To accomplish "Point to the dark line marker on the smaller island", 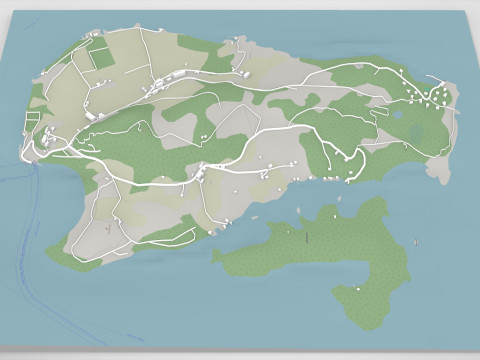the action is (x=307, y=236).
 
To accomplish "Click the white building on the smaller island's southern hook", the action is (x=357, y=289).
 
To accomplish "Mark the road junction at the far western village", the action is (x=40, y=146).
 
